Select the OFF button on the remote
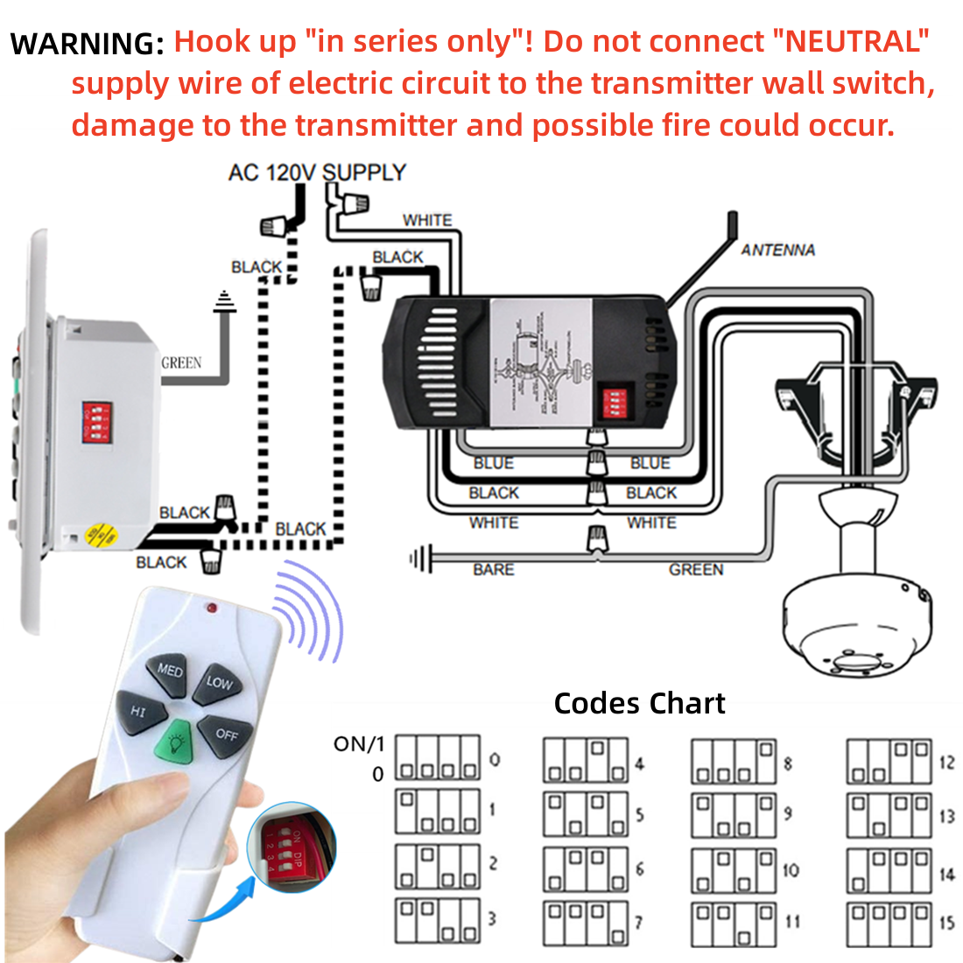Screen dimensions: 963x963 pos(226,733)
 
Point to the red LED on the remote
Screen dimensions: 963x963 pos(211,607)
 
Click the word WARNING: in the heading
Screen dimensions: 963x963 pos(87,44)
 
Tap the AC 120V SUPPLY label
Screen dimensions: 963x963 pos(317,172)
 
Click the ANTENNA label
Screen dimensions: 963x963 pos(777,250)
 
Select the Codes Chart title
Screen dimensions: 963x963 pos(639,704)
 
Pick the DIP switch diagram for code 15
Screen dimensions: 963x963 pos(889,924)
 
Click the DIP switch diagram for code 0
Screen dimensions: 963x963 pos(438,758)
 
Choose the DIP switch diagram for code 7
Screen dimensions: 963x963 pos(586,924)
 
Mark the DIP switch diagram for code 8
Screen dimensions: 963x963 pos(734,762)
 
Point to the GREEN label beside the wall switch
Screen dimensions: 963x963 pos(181,362)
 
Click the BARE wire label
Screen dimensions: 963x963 pos(493,570)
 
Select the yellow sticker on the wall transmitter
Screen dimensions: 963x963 pos(102,533)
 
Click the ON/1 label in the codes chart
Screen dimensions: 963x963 pos(359,744)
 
